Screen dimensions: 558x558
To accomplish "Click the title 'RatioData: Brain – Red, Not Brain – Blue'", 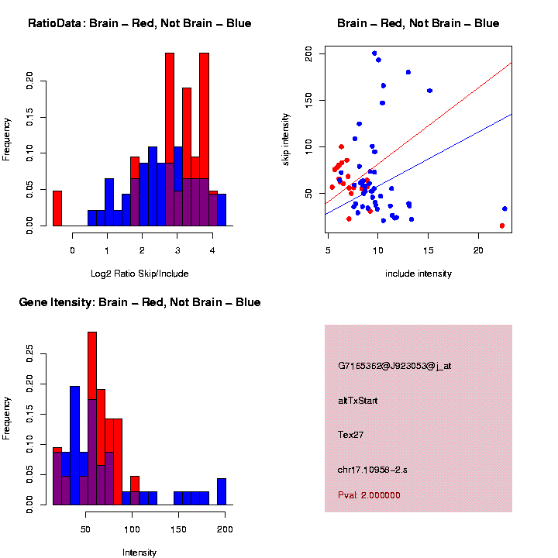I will [139, 23].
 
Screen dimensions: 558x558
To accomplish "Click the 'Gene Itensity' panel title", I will [139, 302].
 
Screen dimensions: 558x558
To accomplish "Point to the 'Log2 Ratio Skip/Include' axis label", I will [139, 274].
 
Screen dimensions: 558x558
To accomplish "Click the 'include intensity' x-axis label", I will [418, 274].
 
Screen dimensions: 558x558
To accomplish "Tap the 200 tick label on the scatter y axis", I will [308, 53].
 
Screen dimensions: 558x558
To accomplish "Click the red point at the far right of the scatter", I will [502, 226].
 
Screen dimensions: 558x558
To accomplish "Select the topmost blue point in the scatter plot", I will [374, 53].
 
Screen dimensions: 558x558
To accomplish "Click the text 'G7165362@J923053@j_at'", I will [394, 366].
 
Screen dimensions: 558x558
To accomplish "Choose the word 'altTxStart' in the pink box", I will [357, 401].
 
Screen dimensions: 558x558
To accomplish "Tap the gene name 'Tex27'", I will [351, 435].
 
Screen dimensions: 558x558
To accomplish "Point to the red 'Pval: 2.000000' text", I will [369, 495].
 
